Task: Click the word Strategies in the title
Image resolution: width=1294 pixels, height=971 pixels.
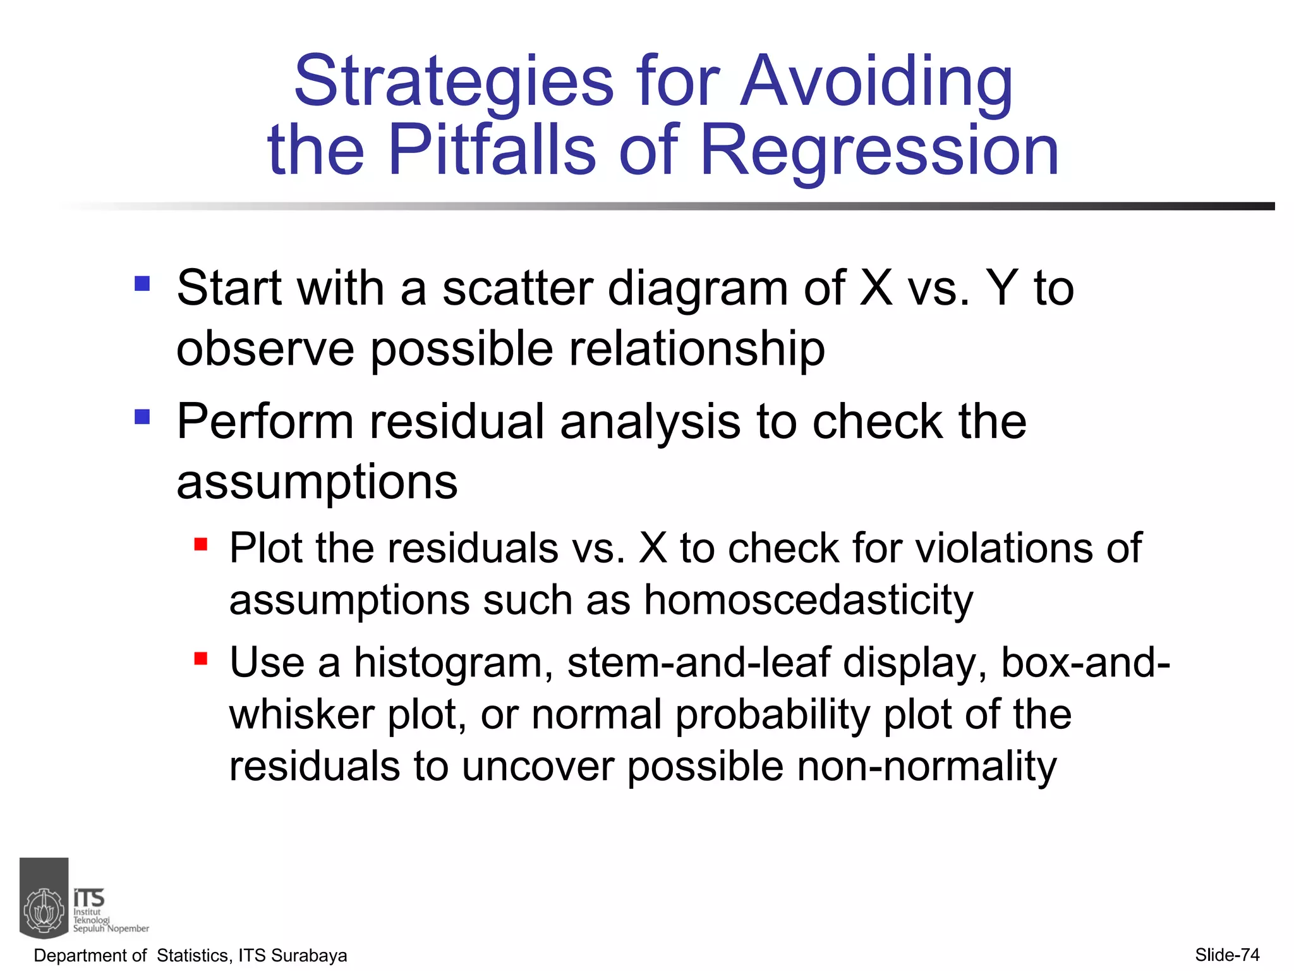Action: coord(453,82)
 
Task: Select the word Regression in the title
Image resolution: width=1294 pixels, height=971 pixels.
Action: coord(879,150)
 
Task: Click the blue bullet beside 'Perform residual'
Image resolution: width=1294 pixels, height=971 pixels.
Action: coord(142,417)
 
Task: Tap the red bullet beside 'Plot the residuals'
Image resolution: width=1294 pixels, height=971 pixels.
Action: coord(201,544)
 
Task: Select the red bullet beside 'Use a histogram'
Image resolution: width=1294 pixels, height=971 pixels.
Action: coord(201,659)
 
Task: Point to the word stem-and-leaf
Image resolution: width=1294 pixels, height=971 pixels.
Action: coord(698,663)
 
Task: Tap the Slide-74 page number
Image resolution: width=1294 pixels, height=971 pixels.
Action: coord(1227,955)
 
